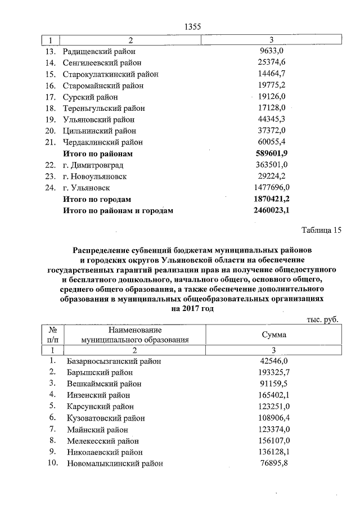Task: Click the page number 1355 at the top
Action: (192, 27)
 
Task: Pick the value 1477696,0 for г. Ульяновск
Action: (271, 187)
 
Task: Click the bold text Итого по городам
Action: (98, 199)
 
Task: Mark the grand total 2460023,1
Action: (271, 210)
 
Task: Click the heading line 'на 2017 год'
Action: (192, 309)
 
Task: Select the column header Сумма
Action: (274, 334)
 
